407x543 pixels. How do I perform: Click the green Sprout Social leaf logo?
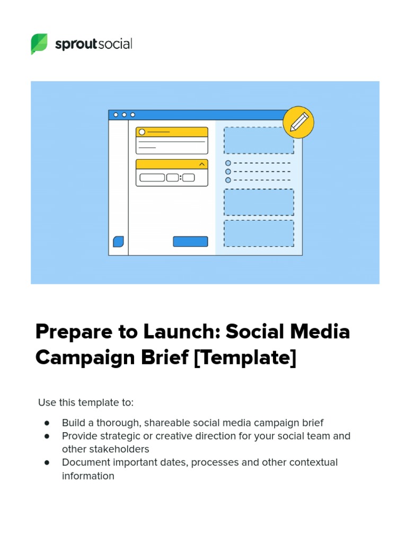coord(39,44)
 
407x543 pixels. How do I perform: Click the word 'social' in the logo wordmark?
coord(114,44)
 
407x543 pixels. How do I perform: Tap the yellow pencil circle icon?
coord(298,122)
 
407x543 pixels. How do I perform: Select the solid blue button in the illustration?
coord(190,242)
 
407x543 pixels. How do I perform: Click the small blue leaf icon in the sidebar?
coord(119,242)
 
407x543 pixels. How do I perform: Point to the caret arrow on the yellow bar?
coord(201,164)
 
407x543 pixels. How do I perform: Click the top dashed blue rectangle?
coord(259,141)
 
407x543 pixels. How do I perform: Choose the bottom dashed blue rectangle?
coord(259,233)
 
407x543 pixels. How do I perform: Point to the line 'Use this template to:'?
coord(86,402)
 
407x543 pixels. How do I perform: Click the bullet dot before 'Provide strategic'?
coord(47,436)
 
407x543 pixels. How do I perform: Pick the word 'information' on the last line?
coord(88,476)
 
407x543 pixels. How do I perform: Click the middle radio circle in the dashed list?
coord(228,172)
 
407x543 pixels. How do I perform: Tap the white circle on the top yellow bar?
coord(142,132)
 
